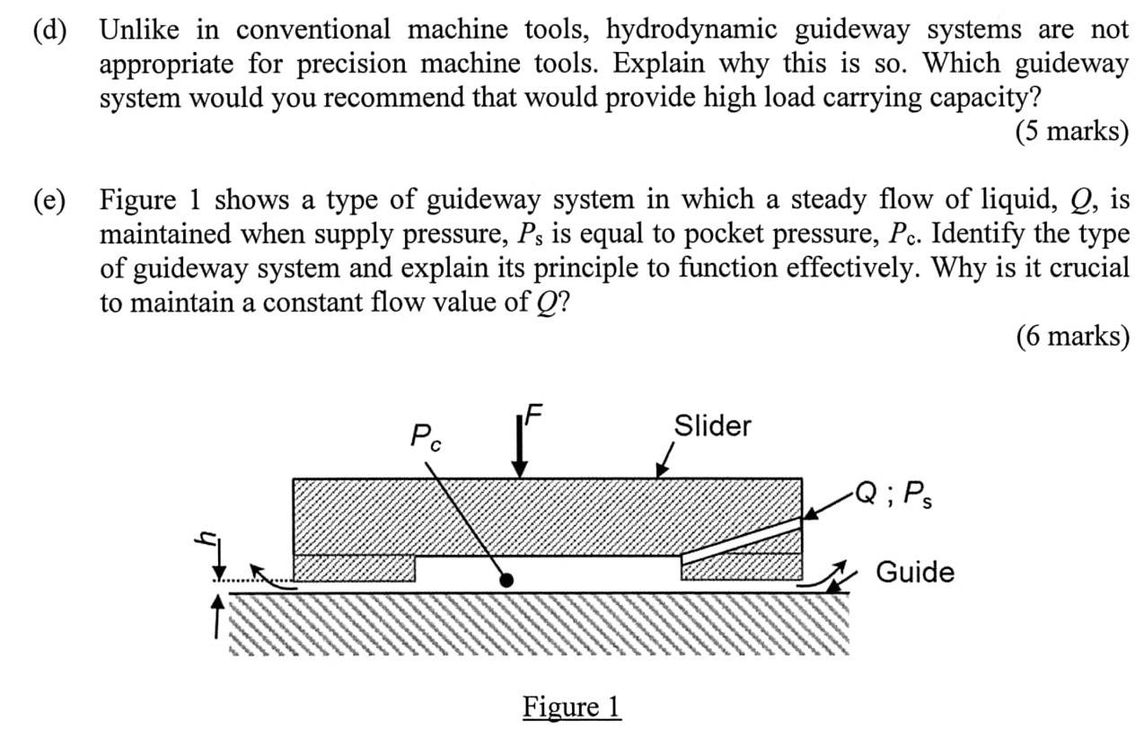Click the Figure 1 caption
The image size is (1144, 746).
[571, 707]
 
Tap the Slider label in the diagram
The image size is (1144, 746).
[712, 426]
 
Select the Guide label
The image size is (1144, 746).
[914, 572]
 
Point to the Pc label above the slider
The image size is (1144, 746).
[426, 437]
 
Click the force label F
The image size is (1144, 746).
[533, 414]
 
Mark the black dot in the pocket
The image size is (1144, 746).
[506, 581]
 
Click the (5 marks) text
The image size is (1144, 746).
[1071, 132]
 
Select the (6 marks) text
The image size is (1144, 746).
[1071, 336]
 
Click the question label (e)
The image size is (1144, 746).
[49, 199]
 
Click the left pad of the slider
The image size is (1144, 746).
[355, 568]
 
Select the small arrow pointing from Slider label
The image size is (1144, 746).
[664, 461]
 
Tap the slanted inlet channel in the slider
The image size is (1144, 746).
[741, 539]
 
